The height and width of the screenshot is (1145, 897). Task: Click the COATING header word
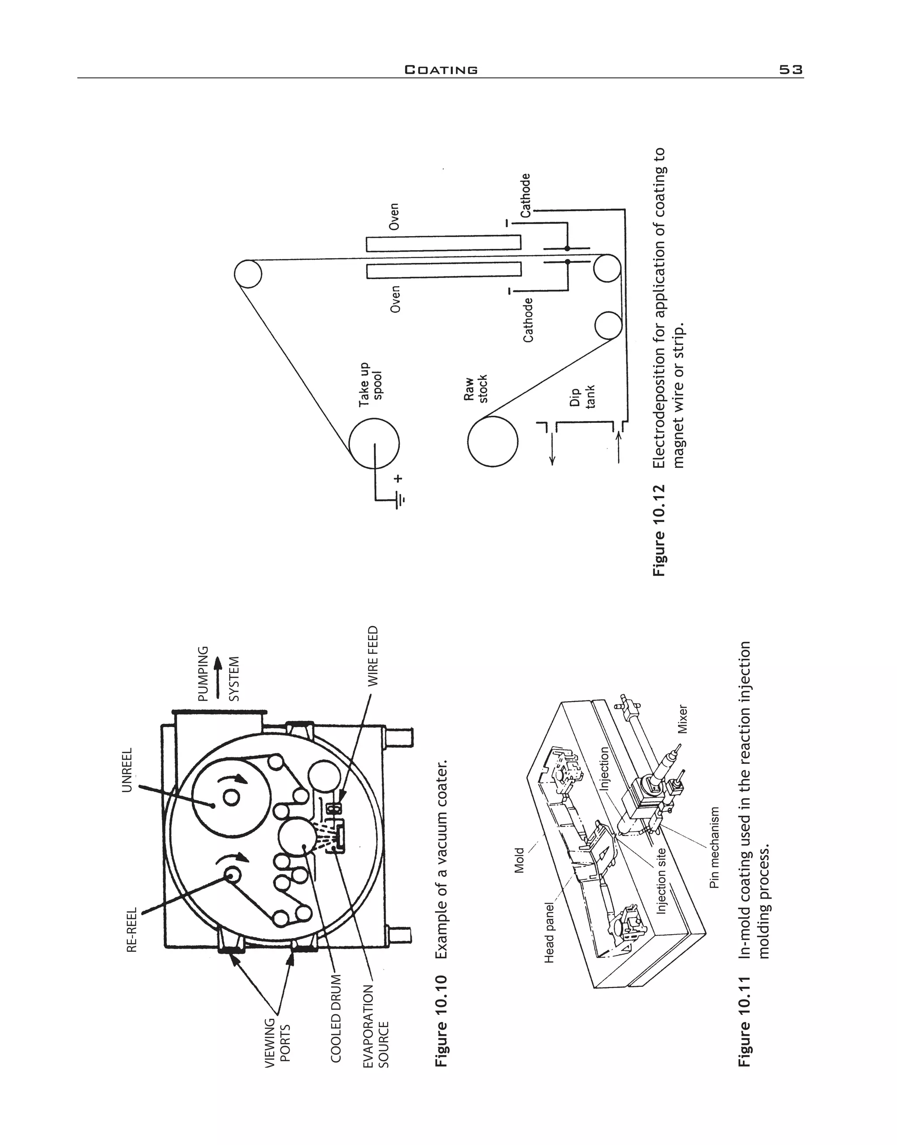pyautogui.click(x=441, y=70)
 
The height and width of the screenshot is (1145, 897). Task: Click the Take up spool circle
pyautogui.click(x=374, y=443)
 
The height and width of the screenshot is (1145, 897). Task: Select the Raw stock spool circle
pyautogui.click(x=493, y=440)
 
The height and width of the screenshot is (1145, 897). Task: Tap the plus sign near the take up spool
pyautogui.click(x=399, y=478)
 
